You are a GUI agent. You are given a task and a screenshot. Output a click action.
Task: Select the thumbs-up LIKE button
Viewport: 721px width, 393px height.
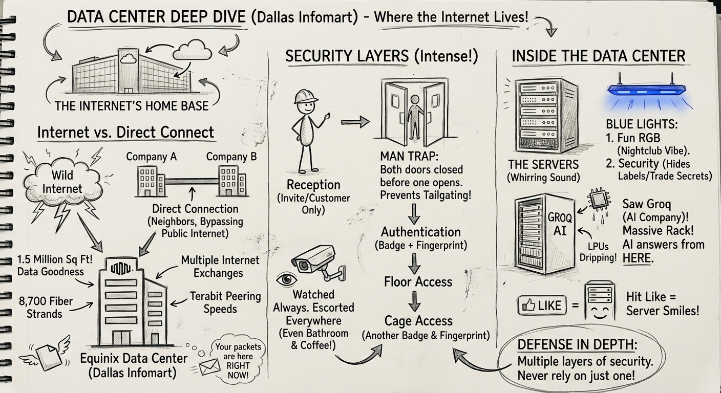[542, 305]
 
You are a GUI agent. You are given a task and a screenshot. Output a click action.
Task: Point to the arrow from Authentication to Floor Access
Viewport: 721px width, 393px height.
[415, 262]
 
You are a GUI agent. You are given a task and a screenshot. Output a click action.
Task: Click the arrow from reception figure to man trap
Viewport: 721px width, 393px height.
[355, 122]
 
